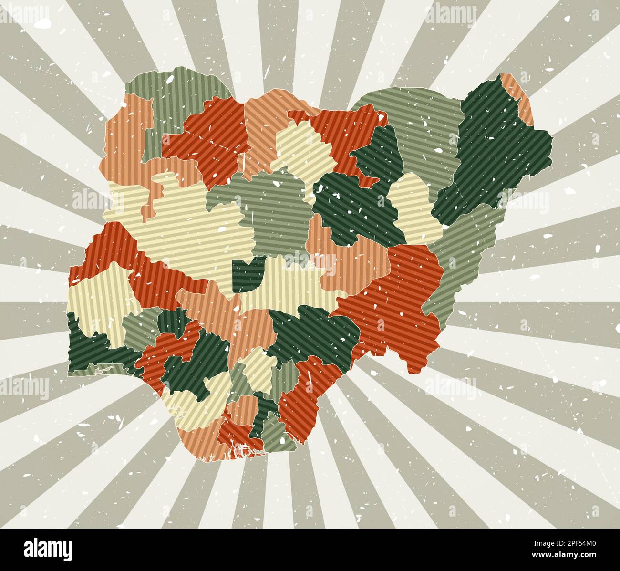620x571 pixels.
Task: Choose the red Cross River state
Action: (x=305, y=391)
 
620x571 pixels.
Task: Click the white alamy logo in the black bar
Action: (x=48, y=548)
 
